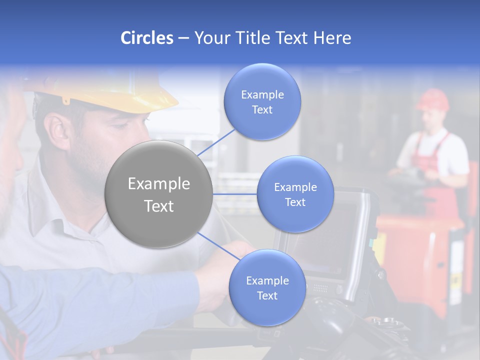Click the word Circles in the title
coord(146,38)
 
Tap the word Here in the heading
coord(332,38)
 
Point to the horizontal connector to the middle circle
coord(235,194)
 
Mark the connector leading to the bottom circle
coord(218,246)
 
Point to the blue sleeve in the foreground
coord(100,300)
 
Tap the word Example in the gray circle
coord(158,184)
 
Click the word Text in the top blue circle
coord(262,110)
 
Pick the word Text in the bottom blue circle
coord(267,296)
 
